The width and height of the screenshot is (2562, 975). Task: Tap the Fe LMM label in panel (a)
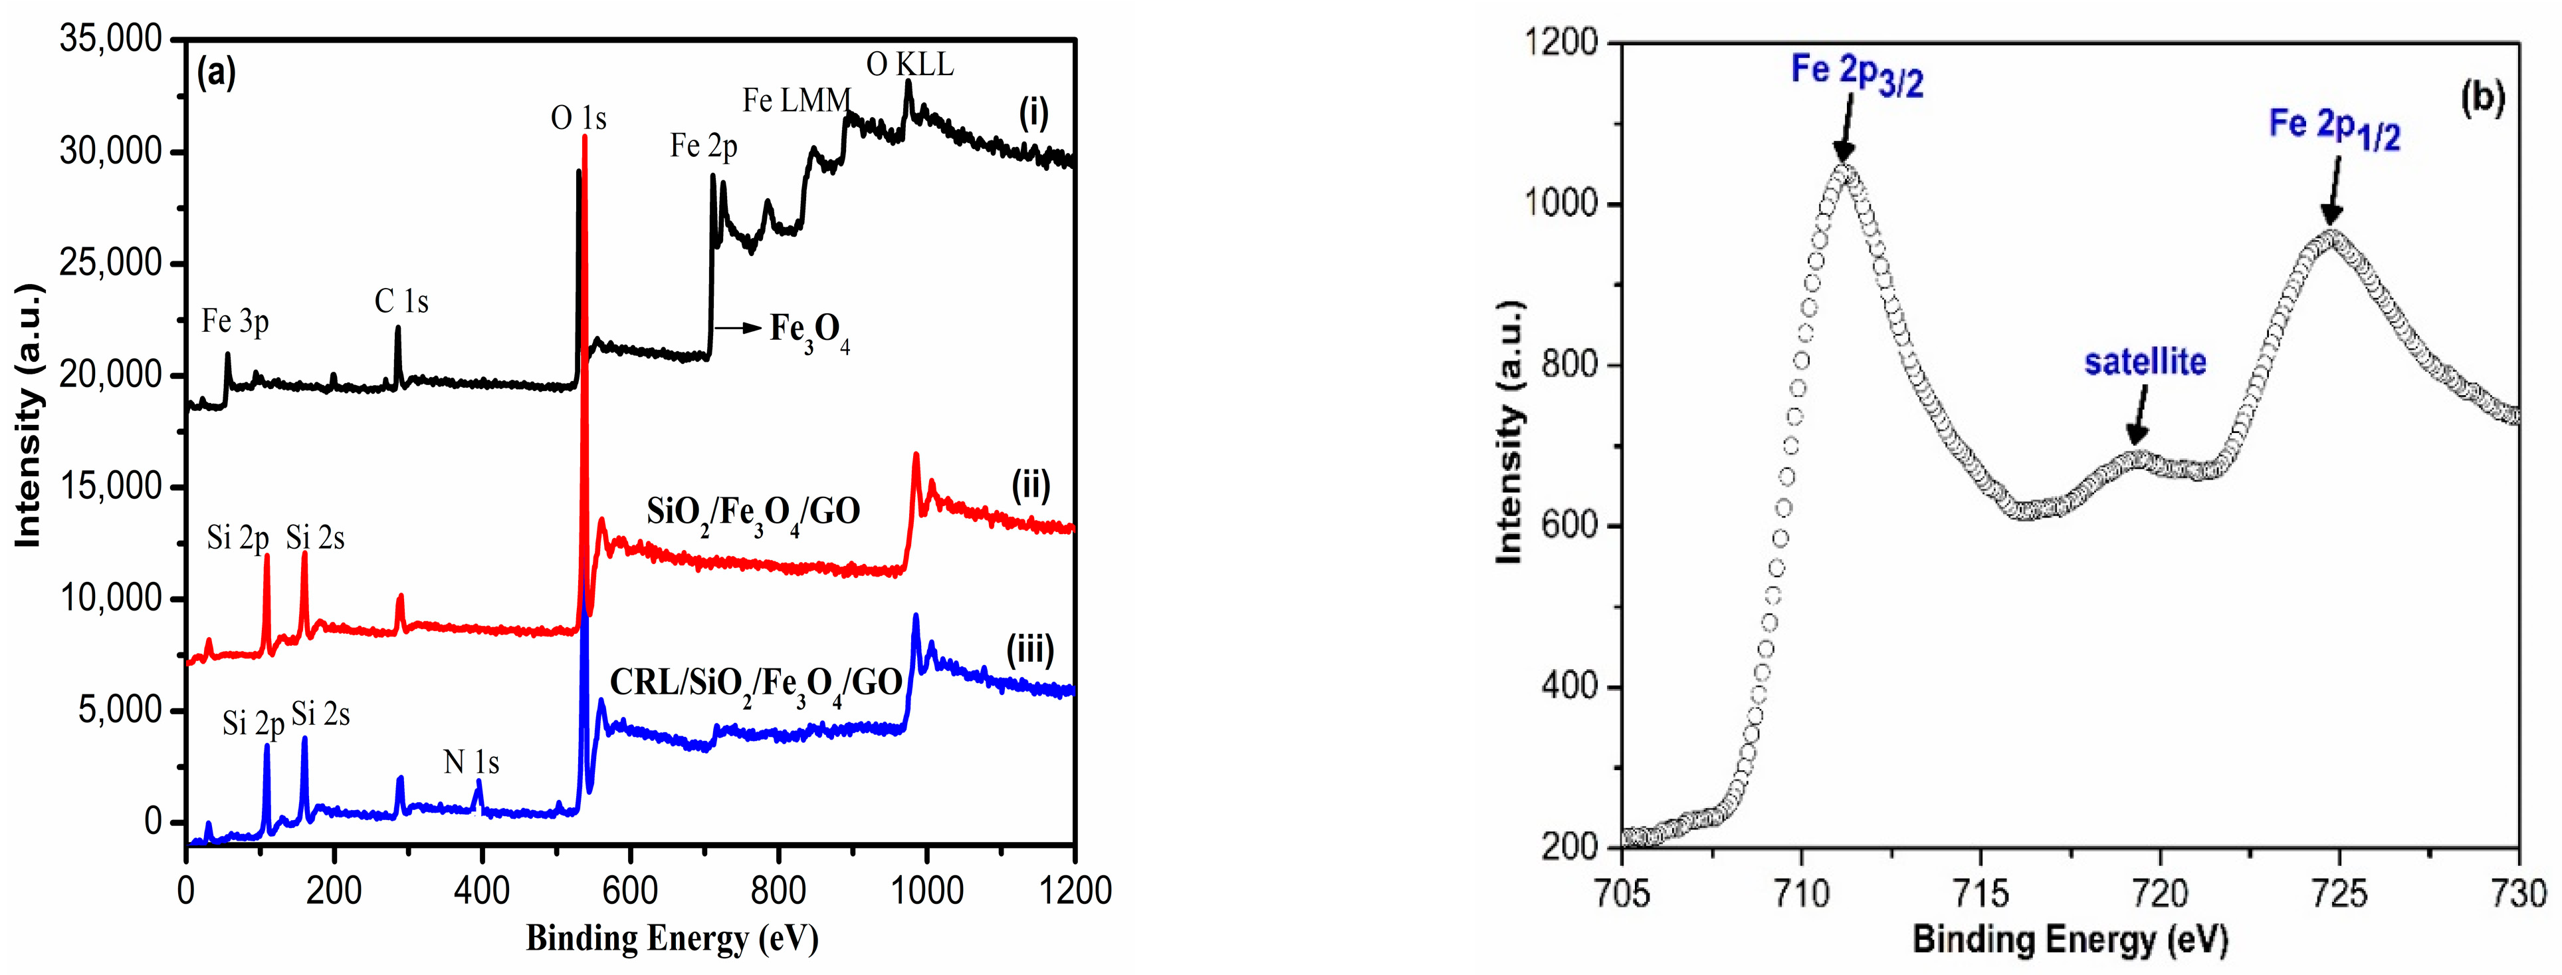pyautogui.click(x=797, y=100)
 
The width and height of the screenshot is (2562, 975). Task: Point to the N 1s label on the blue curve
pyautogui.click(x=471, y=762)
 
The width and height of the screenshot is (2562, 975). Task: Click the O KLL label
pyautogui.click(x=909, y=65)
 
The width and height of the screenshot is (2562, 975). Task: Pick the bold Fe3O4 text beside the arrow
pyautogui.click(x=809, y=331)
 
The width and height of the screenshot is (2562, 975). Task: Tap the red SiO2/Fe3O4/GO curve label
pyautogui.click(x=753, y=512)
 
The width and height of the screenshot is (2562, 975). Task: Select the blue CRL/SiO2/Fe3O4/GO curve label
pyautogui.click(x=755, y=682)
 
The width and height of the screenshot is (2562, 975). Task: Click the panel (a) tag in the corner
pyautogui.click(x=217, y=72)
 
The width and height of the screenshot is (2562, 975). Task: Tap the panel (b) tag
pyautogui.click(x=2482, y=98)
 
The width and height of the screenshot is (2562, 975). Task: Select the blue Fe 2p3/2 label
pyautogui.click(x=1856, y=74)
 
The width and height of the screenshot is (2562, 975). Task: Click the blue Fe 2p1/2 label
pyautogui.click(x=2333, y=128)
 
